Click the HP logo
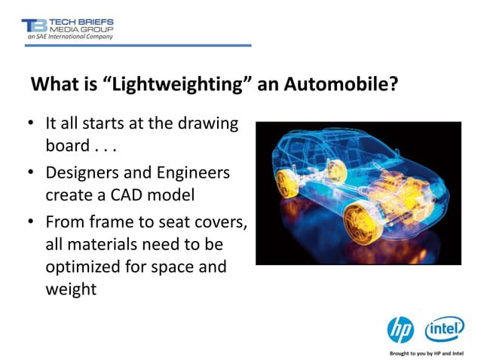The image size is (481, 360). coord(400,329)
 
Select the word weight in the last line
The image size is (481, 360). coord(71,288)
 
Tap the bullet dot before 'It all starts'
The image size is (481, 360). coord(29,124)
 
